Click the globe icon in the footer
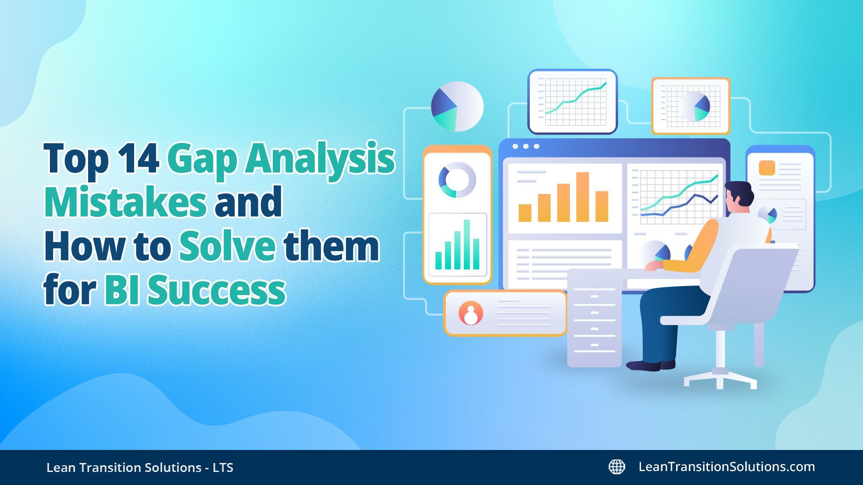pos(617,467)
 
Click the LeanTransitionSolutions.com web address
pos(726,467)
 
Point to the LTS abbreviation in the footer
pos(223,467)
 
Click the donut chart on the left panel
pos(457,180)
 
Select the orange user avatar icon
pos(471,313)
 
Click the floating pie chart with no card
pos(457,106)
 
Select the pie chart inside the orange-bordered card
pos(694,106)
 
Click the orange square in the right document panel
pos(767,168)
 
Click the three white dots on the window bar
pos(525,146)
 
